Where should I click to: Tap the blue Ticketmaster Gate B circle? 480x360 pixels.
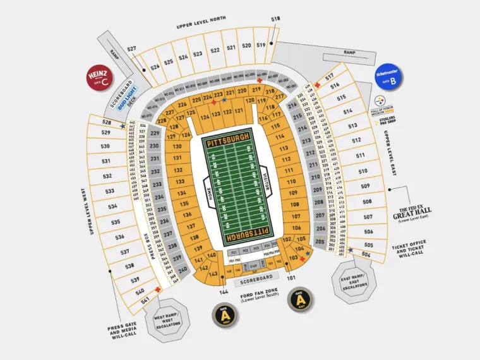pyautogui.click(x=388, y=77)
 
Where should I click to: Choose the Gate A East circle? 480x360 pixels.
pyautogui.click(x=299, y=299)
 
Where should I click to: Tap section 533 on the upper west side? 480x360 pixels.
pyautogui.click(x=111, y=191)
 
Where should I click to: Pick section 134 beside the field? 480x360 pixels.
pyautogui.click(x=182, y=193)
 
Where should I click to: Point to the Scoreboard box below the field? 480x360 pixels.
pyautogui.click(x=257, y=277)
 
